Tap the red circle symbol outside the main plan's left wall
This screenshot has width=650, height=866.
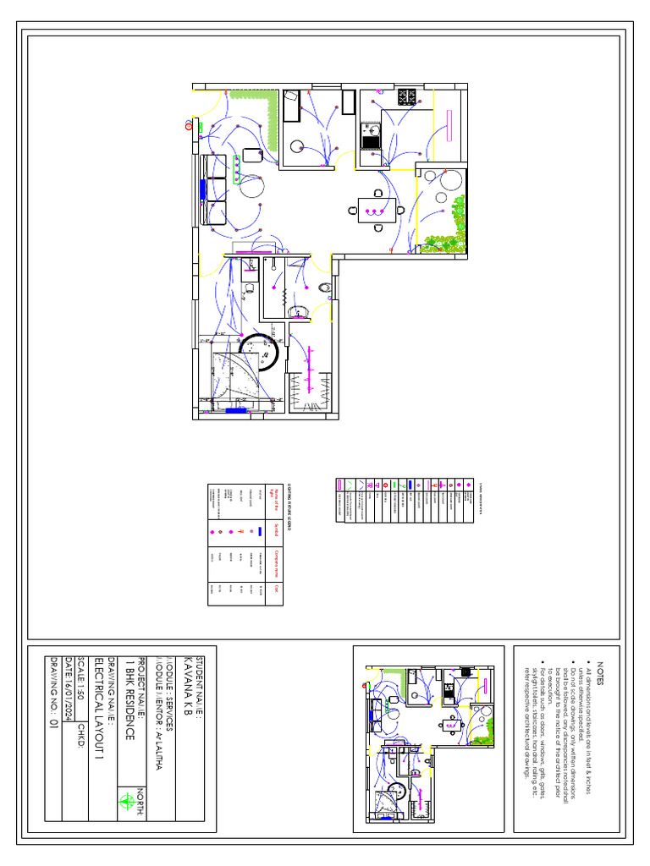coord(188,126)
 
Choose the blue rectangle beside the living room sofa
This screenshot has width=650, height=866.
coord(203,187)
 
